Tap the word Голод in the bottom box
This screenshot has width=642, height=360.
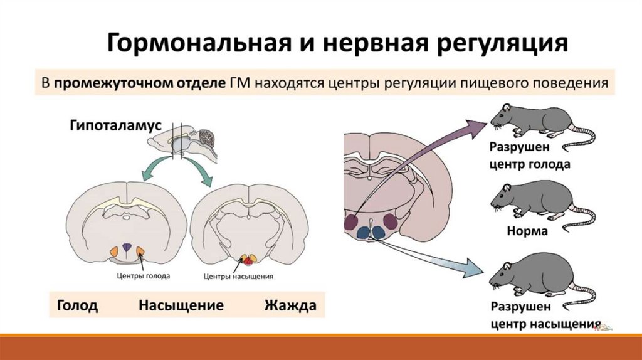click(77, 306)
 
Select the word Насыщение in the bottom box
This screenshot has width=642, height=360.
click(181, 306)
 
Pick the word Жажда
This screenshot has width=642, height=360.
click(290, 306)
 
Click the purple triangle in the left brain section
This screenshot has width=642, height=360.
click(127, 248)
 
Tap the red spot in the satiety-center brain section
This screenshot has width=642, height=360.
click(248, 259)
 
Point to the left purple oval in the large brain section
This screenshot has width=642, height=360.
click(352, 221)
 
